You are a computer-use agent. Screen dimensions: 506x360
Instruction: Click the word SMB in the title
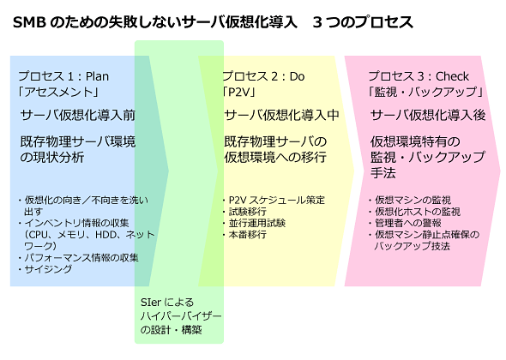(x=29, y=22)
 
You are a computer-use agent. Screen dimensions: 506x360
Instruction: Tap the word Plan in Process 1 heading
(x=97, y=76)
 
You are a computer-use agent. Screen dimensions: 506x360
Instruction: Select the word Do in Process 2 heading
(x=297, y=76)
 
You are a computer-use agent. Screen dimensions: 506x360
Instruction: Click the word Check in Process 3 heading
(x=452, y=76)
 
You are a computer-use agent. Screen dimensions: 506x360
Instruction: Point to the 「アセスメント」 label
(x=58, y=93)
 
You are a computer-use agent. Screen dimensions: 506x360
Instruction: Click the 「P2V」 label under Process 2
(x=239, y=93)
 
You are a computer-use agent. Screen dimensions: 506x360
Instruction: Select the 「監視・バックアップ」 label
(x=425, y=93)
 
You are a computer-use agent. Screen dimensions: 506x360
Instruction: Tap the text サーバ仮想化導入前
(x=77, y=115)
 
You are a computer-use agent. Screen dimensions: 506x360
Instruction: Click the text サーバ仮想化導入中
(x=281, y=115)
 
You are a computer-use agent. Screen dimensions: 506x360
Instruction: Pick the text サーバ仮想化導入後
(x=428, y=115)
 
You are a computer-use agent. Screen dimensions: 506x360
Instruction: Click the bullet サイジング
(x=48, y=269)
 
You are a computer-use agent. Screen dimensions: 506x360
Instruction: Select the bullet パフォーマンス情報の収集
(x=81, y=258)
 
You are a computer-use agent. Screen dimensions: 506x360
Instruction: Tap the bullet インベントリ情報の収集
(x=77, y=223)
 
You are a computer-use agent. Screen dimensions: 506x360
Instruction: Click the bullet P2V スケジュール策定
(x=276, y=200)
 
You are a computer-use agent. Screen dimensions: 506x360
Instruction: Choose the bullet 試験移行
(x=248, y=212)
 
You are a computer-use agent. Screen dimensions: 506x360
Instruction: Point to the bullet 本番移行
(x=248, y=235)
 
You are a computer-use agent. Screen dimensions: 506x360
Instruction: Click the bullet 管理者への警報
(x=408, y=223)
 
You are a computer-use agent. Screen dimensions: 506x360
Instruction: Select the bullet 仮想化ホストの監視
(x=418, y=212)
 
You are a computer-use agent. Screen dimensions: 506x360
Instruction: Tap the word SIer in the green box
(x=151, y=303)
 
